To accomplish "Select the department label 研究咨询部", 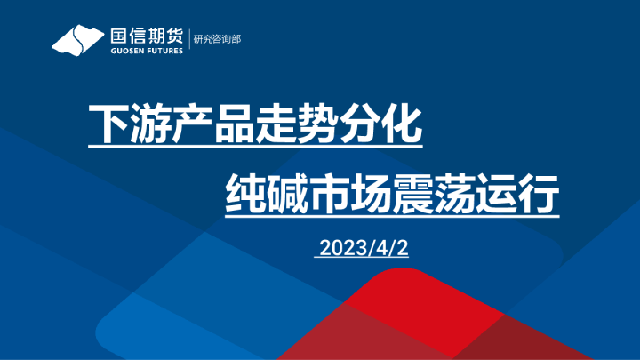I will click(218, 40).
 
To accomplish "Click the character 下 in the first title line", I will click(108, 126).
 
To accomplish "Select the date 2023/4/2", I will click(362, 249).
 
